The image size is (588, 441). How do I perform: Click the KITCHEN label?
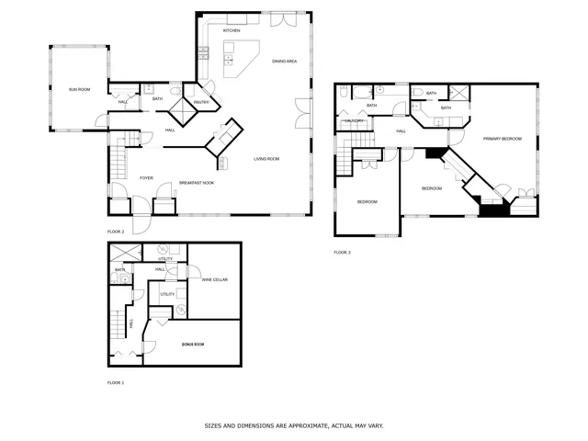coord(232,30)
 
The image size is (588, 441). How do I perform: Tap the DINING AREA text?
coord(284,61)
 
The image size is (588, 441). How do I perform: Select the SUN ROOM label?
coord(79,89)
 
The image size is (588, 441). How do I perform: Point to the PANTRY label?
coord(201,102)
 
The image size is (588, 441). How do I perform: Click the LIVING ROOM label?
coord(266,159)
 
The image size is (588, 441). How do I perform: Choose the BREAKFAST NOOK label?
coord(196,183)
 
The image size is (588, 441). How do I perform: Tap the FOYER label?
coord(146,177)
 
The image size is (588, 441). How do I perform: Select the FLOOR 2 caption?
coord(116,232)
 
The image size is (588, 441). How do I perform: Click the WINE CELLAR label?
coord(214,279)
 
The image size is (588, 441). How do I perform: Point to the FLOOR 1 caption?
coord(116,382)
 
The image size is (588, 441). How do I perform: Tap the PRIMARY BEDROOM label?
coord(503,139)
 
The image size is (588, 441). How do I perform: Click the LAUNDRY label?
coord(355,120)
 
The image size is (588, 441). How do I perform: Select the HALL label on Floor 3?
coord(401,131)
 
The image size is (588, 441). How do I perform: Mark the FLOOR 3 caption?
coord(342,252)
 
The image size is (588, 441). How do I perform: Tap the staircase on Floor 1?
coord(117,322)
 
